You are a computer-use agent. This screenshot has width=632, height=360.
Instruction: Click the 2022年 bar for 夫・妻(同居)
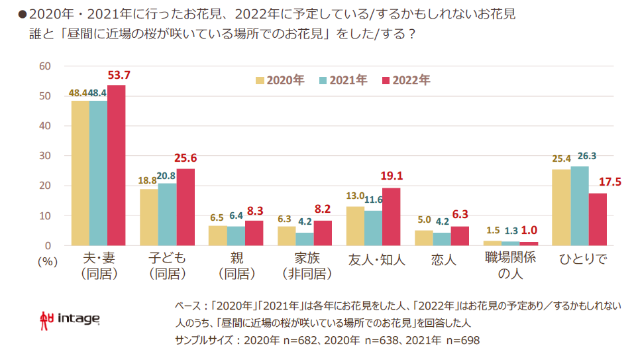point(116,166)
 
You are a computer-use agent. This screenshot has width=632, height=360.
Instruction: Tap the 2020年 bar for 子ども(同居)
point(149,217)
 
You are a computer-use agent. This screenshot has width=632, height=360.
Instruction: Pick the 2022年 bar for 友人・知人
point(391,217)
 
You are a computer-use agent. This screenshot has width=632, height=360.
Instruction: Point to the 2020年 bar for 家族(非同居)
point(287,236)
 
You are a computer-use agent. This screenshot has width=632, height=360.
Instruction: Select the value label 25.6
point(185,158)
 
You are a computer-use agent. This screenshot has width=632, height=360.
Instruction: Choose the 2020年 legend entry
point(280,80)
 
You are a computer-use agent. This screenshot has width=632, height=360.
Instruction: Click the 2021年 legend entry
point(343,80)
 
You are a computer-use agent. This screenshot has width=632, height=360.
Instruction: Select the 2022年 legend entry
point(405,80)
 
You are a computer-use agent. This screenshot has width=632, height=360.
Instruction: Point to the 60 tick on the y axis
point(45,66)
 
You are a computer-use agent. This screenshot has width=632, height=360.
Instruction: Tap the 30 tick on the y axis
point(45,156)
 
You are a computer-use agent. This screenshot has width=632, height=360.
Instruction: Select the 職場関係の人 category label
point(510,267)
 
